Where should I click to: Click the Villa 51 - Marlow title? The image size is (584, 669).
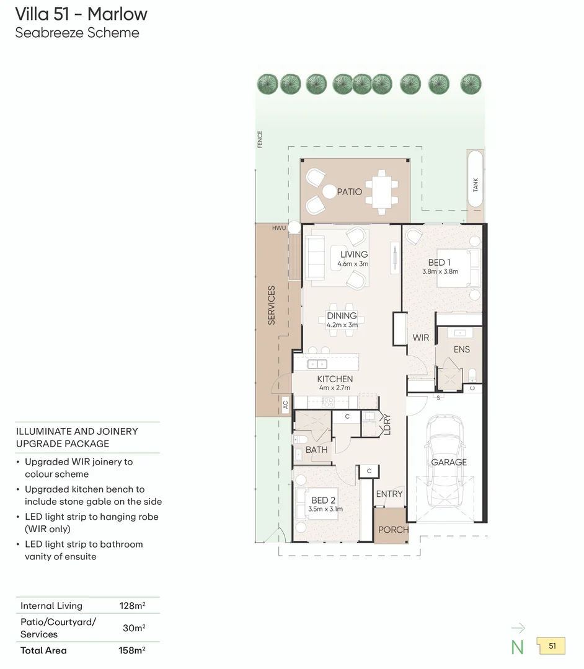[81, 13]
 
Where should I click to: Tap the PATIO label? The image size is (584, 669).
[349, 192]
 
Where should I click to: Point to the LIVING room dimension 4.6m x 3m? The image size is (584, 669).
[353, 265]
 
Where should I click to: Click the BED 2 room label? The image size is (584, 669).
[324, 500]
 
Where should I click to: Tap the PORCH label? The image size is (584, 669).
[393, 530]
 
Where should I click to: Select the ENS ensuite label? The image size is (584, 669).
[461, 349]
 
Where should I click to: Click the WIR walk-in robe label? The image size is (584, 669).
[420, 338]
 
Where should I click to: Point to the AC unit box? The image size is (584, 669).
[285, 405]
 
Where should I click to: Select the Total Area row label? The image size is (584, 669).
[43, 650]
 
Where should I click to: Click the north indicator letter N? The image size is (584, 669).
[517, 647]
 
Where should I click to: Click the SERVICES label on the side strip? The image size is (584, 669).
[272, 305]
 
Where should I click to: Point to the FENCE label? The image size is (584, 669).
[260, 139]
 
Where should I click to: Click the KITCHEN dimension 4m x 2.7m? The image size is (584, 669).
[335, 388]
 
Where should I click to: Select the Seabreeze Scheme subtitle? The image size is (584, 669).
[77, 33]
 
